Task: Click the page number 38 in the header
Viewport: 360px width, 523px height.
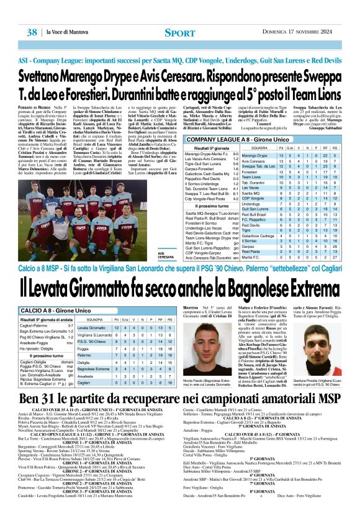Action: (30, 32)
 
